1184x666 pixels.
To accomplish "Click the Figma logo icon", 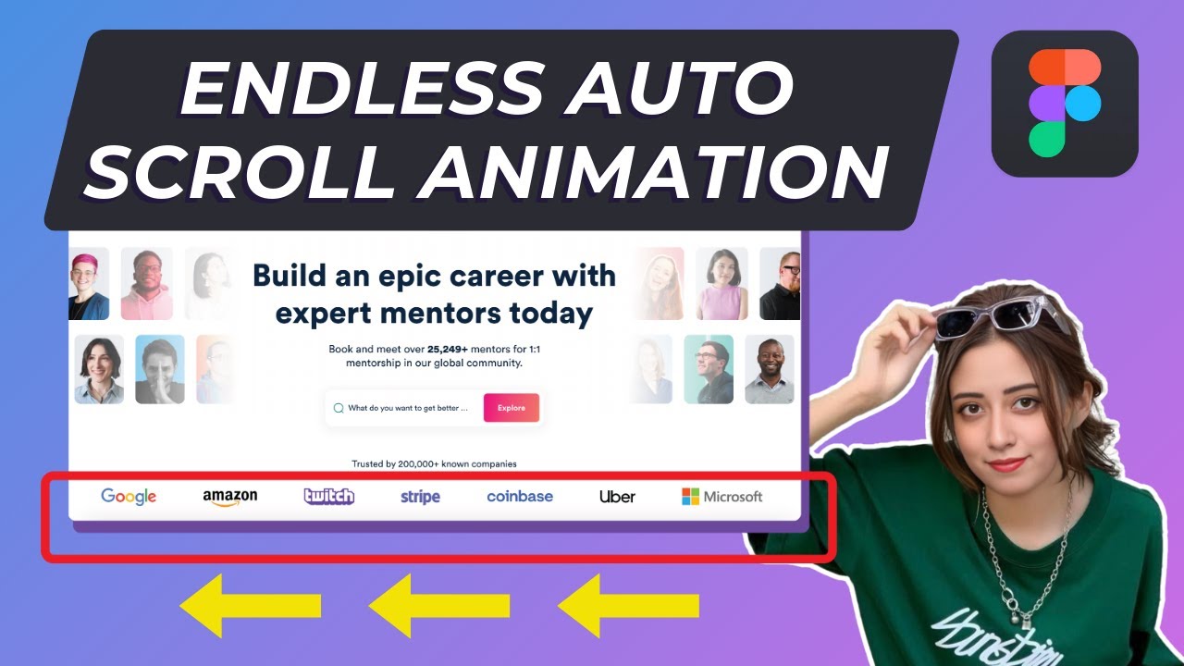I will [x=1065, y=104].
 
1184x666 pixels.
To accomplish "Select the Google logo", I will [x=129, y=497].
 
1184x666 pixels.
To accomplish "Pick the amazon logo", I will [x=230, y=498].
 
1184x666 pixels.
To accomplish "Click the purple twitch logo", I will [x=328, y=497].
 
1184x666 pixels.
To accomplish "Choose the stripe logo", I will [x=420, y=497].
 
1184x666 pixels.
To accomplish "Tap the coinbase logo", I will [x=520, y=497].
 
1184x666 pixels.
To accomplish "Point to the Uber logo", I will [x=617, y=497].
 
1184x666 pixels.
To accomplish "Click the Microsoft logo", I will [x=722, y=497].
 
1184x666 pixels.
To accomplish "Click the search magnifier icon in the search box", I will [x=339, y=408].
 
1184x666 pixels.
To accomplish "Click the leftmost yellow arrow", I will [x=250, y=606].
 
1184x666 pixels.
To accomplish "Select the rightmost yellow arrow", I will [x=628, y=606].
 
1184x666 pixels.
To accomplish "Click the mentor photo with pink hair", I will [x=89, y=283].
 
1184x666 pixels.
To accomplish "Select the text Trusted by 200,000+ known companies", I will [x=434, y=463].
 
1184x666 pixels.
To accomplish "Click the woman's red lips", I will [x=1007, y=463].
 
